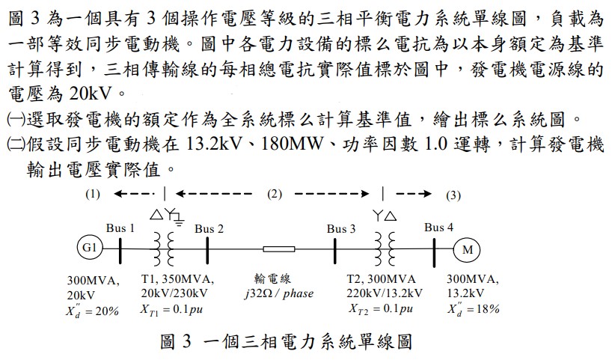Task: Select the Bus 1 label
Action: (120, 228)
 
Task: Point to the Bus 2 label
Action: (209, 228)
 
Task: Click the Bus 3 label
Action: (341, 228)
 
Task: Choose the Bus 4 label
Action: (438, 228)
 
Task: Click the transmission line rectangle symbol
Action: (279, 249)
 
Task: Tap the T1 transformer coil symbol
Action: (164, 249)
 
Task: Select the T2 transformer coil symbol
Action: (385, 249)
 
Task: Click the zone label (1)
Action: (93, 194)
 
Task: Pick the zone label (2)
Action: (275, 194)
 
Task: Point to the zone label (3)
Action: (453, 195)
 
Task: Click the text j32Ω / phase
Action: (279, 293)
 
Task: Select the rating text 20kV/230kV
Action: (174, 293)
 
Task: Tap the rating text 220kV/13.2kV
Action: (385, 293)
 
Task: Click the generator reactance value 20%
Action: (107, 311)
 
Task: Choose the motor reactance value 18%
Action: (488, 309)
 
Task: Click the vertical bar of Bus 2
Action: (207, 250)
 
